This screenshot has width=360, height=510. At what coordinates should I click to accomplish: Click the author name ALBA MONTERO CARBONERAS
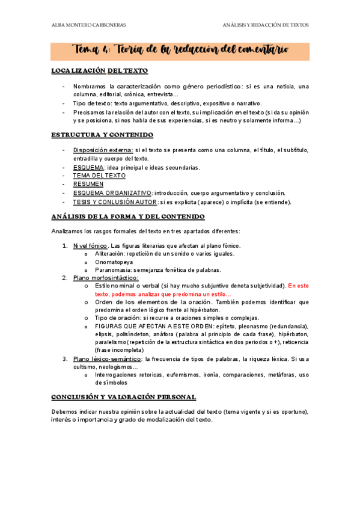tap(88, 25)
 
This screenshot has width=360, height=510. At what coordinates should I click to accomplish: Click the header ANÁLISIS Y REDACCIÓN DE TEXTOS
tap(265, 25)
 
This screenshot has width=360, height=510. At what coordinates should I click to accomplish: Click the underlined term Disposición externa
tap(103, 150)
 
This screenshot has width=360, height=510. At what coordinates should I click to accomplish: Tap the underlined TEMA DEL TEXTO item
tap(99, 176)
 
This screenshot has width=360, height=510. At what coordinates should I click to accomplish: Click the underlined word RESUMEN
tap(88, 184)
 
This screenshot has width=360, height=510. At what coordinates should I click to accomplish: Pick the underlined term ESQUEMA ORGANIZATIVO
tap(112, 193)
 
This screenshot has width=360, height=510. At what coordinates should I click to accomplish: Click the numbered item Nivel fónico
tap(90, 245)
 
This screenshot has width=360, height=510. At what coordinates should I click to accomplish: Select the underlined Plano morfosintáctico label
tap(105, 278)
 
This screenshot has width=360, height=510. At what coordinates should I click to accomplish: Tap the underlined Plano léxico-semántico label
tap(109, 359)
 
